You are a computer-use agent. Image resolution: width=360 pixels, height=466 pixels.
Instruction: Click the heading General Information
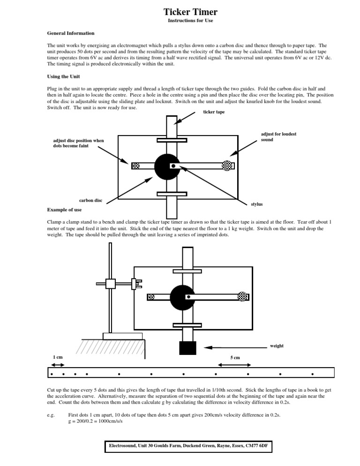(x=71, y=33)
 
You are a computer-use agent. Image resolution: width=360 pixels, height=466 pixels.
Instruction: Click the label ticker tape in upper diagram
(x=213, y=112)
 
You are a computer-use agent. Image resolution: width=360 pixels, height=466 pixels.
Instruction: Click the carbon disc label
(x=91, y=201)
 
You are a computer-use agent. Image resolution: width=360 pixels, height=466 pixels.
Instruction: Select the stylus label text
(x=257, y=204)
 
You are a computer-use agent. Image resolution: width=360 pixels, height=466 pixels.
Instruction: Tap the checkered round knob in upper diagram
(x=227, y=165)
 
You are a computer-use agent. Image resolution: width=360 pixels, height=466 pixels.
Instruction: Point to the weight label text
(x=277, y=346)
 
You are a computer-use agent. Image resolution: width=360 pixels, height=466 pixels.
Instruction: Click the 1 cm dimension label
(x=58, y=357)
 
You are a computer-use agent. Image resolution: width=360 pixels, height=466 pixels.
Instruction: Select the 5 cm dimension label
(x=235, y=358)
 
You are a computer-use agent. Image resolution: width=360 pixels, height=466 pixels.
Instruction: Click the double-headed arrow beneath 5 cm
(x=235, y=365)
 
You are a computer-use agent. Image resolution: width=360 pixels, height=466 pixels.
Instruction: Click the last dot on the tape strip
(x=312, y=374)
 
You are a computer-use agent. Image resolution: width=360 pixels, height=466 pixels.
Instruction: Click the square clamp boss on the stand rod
(x=110, y=284)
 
